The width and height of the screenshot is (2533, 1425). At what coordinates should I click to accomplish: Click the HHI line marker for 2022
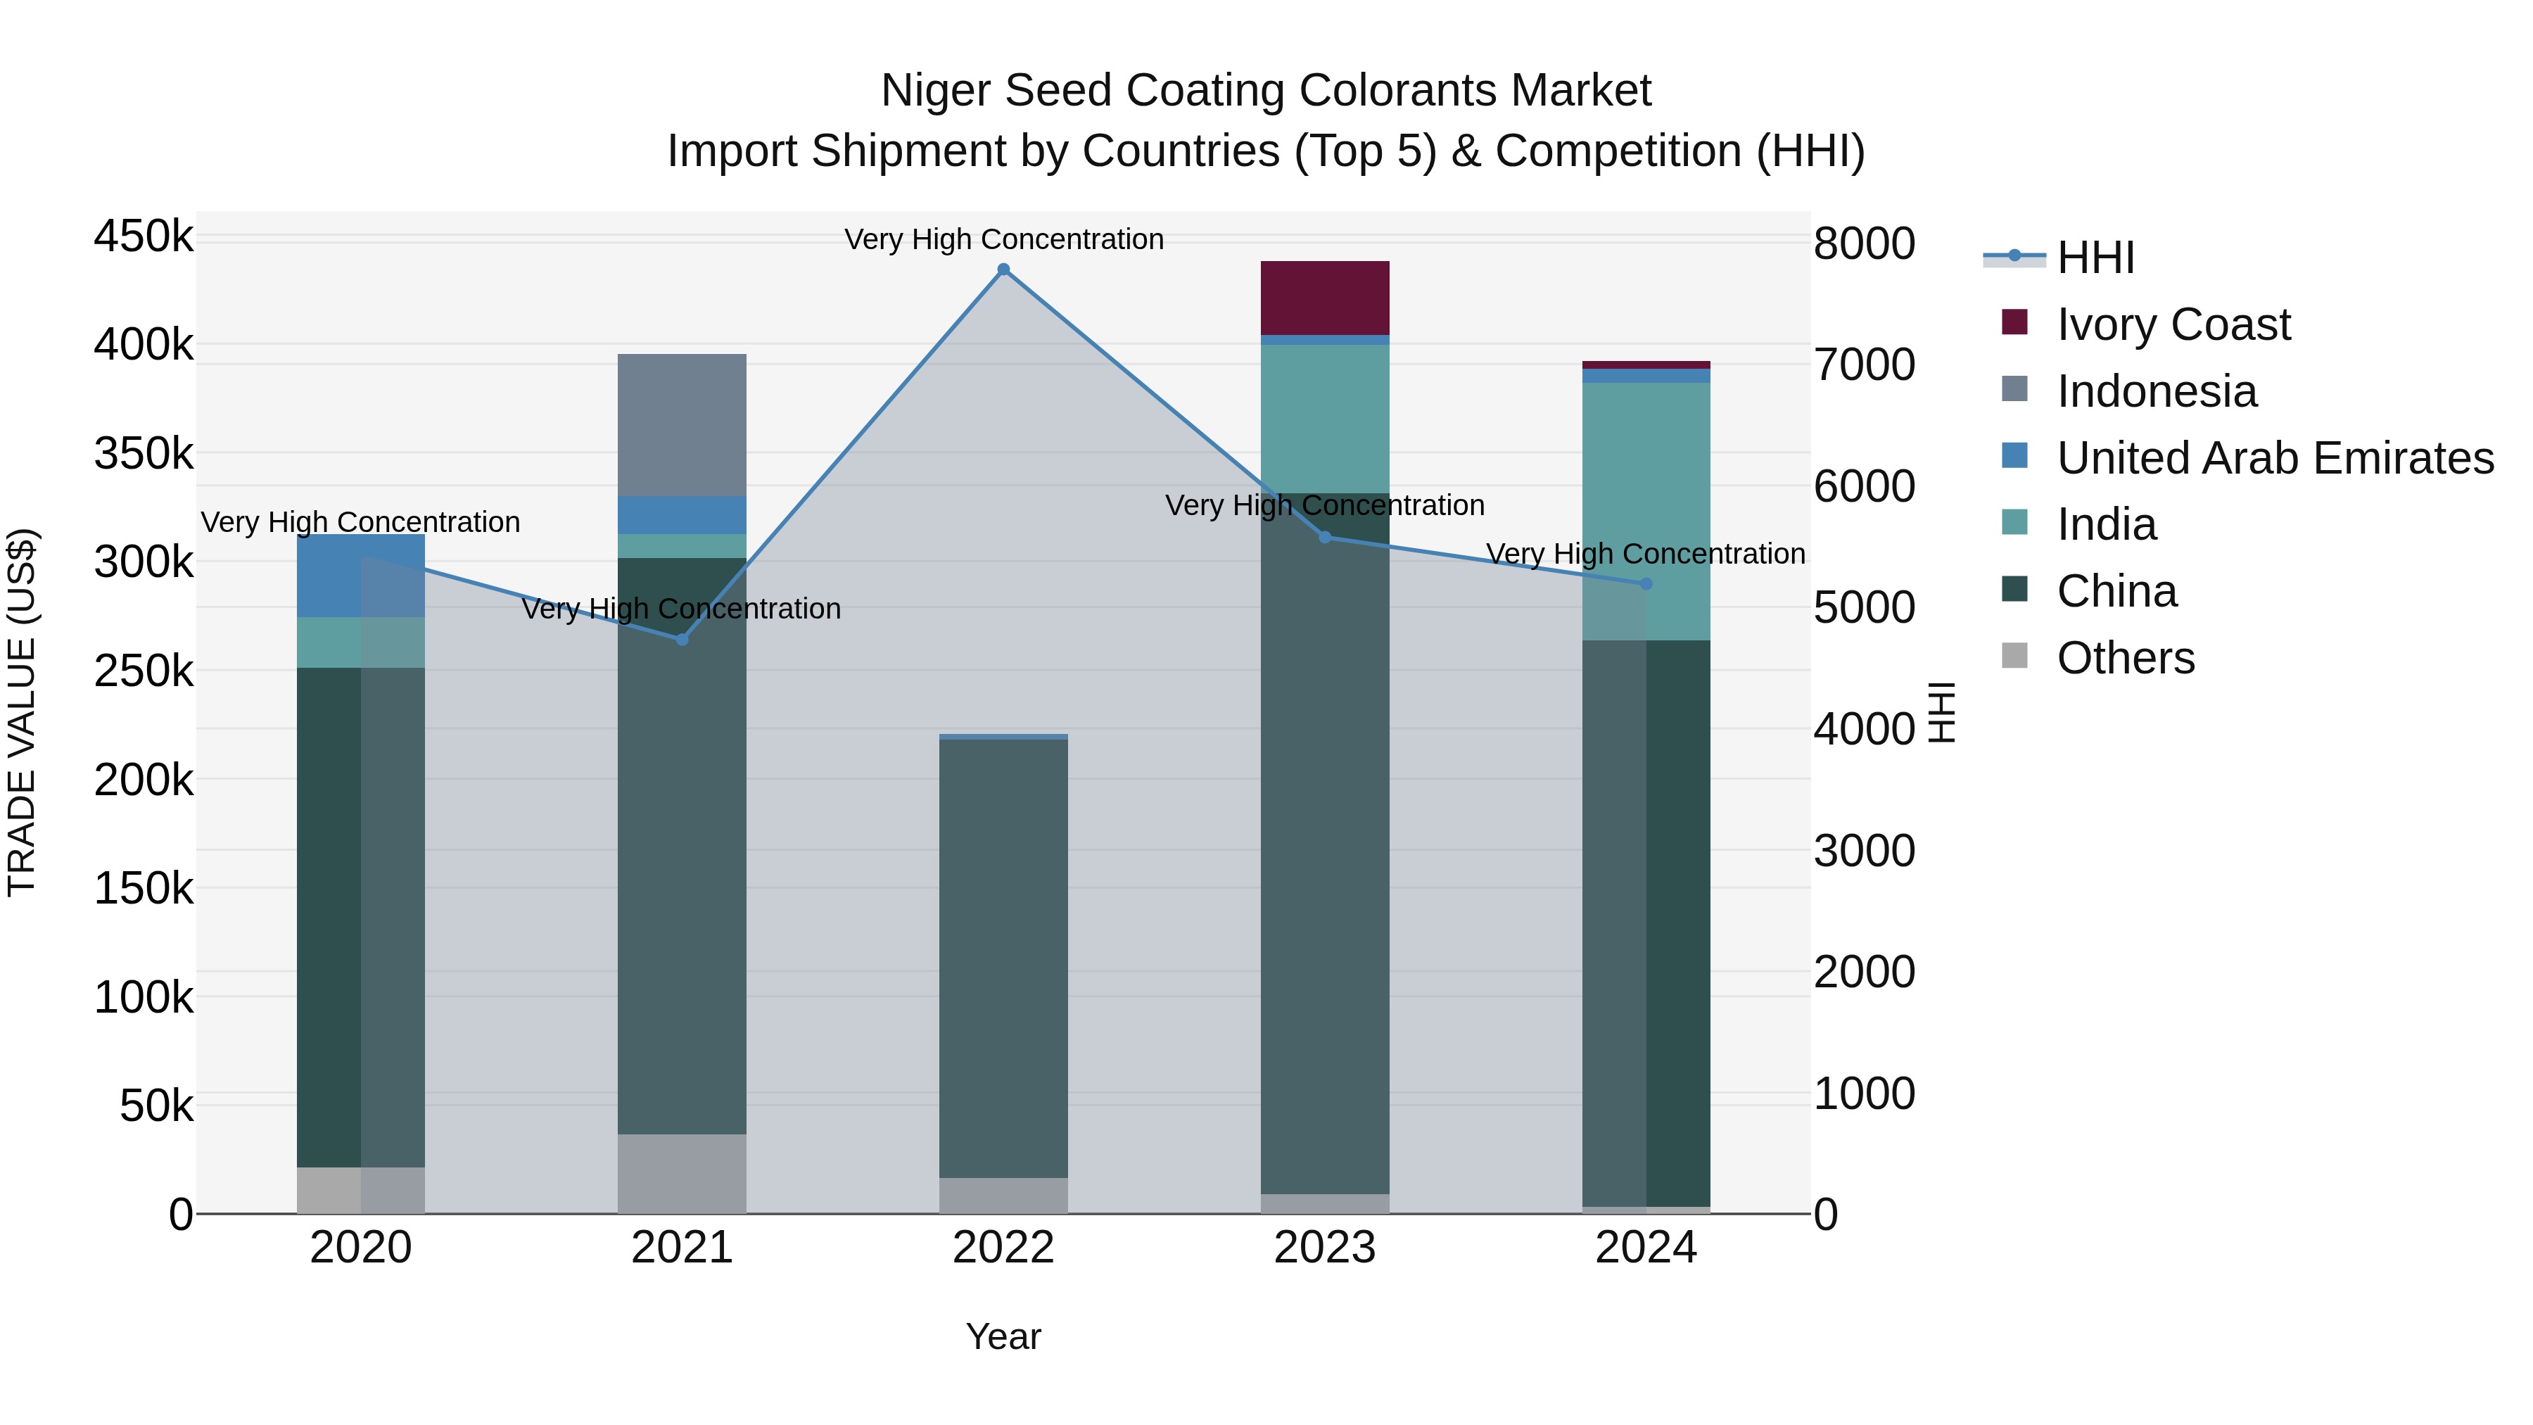pos(1003,270)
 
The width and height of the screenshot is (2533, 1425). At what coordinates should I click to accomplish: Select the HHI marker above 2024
pos(1646,584)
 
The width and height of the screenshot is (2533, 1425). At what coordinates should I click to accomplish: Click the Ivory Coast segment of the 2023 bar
pos(1324,298)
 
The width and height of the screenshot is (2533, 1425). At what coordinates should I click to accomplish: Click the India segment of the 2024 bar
pos(1646,512)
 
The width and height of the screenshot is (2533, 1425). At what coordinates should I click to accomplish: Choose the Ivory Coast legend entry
pos(2173,324)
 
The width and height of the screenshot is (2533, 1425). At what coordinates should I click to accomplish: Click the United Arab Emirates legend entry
pos(2274,458)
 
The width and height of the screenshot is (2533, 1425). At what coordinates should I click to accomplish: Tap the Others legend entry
pos(2125,658)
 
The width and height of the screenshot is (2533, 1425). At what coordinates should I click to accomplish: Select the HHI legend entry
pos(2095,258)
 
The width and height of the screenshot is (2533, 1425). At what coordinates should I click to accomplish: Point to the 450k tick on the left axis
pos(144,237)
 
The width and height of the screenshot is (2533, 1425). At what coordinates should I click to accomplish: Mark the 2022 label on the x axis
pos(1003,1248)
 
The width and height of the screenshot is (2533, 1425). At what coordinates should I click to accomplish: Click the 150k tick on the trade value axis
pos(144,889)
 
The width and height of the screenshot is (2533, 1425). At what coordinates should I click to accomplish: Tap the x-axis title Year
pos(1003,1336)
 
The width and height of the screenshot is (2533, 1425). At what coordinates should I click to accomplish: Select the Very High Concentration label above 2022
pos(1003,239)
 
